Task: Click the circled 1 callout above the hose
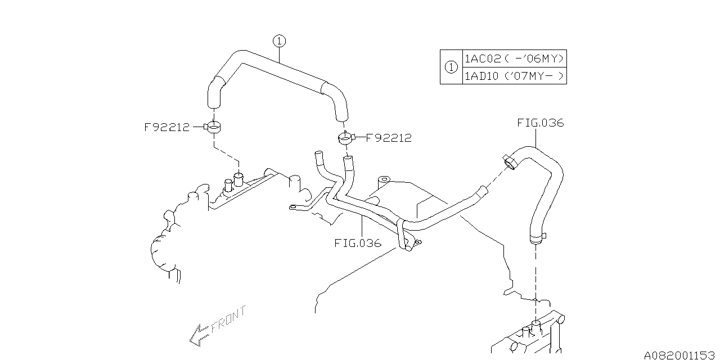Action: pos(280,40)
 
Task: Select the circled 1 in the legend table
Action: pos(451,67)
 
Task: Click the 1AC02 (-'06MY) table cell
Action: pos(514,58)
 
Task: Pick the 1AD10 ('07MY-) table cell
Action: pos(514,76)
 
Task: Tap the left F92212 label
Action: pos(167,127)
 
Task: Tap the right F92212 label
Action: pos(389,137)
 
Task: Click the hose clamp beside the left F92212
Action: pos(214,128)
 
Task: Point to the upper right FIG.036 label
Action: pos(540,123)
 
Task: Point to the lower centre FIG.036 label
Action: pos(358,243)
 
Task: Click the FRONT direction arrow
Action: pos(198,334)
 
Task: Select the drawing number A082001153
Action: pos(678,355)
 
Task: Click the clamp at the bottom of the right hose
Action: pos(537,238)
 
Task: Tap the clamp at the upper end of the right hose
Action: pos(511,161)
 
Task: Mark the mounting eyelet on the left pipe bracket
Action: pos(293,208)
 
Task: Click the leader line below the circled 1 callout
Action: pos(280,54)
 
